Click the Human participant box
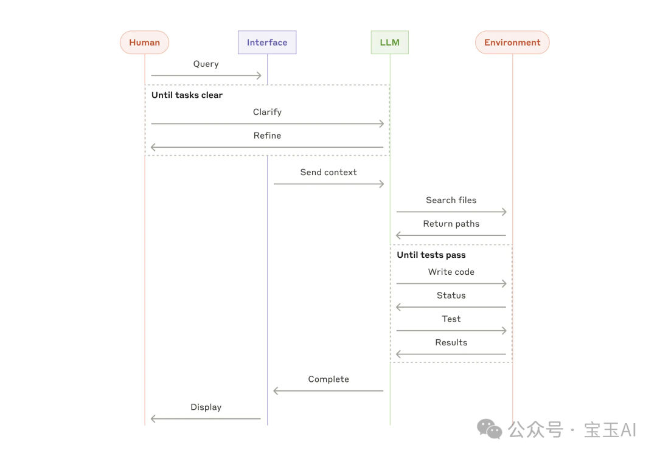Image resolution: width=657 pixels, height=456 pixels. pyautogui.click(x=145, y=43)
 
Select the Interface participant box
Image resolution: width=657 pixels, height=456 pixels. pyautogui.click(x=267, y=43)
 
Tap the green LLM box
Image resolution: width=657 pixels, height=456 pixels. pyautogui.click(x=390, y=43)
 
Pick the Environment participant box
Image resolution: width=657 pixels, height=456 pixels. pyautogui.click(x=512, y=43)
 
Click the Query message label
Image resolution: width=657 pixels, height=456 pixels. pyautogui.click(x=206, y=64)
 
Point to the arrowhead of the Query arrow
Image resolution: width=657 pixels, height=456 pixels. pyautogui.click(x=259, y=75)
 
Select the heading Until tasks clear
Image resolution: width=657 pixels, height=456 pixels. pyautogui.click(x=187, y=95)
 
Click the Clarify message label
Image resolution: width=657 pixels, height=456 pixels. pyautogui.click(x=267, y=112)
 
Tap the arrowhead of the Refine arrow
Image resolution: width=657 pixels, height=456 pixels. pyautogui.click(x=153, y=147)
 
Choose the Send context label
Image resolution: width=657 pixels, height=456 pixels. pyautogui.click(x=328, y=172)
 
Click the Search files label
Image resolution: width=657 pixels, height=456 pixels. pyautogui.click(x=451, y=200)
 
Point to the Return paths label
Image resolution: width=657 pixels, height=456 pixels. pyautogui.click(x=451, y=224)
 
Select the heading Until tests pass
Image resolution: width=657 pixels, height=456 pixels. pyautogui.click(x=431, y=255)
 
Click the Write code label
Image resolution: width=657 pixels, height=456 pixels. pyautogui.click(x=451, y=272)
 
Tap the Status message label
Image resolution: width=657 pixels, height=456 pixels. pyautogui.click(x=451, y=295)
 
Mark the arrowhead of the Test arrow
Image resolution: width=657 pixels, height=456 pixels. pyautogui.click(x=504, y=331)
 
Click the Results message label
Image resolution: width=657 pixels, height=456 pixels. pyautogui.click(x=451, y=342)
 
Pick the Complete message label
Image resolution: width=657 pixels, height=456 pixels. pyautogui.click(x=328, y=379)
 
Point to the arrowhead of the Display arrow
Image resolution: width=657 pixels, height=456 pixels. pyautogui.click(x=153, y=419)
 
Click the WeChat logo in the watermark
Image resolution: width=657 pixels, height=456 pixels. pyautogui.click(x=489, y=429)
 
